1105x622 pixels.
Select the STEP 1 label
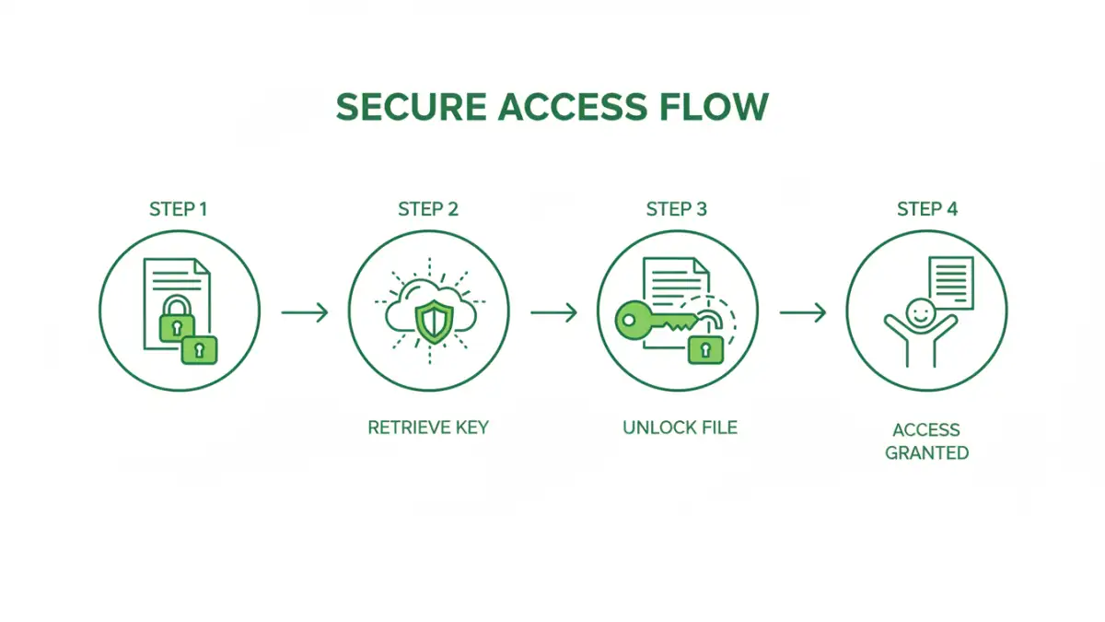[178, 209]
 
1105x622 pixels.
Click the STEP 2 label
[427, 209]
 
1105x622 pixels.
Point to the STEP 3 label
[677, 209]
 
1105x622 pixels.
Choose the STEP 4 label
[926, 209]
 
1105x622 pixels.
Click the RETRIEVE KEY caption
[427, 428]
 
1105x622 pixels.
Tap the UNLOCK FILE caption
[680, 428]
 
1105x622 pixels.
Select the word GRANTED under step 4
[926, 453]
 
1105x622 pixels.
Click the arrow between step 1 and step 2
[304, 312]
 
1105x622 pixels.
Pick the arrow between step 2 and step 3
[553, 312]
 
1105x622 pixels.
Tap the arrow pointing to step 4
[803, 312]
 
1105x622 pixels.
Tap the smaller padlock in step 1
[199, 349]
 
